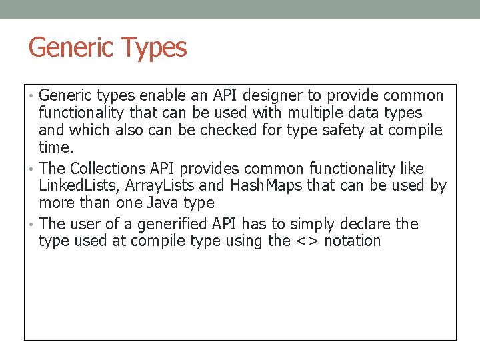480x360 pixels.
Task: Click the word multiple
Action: click(317, 113)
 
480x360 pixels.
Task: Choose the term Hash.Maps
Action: click(261, 185)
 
